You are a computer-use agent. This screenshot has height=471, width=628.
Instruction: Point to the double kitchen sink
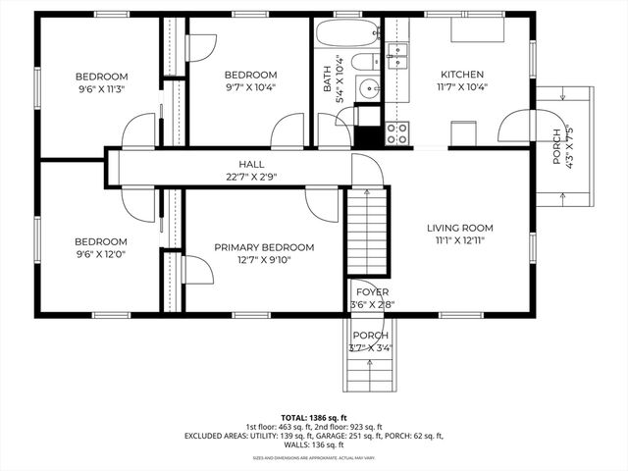click(x=396, y=53)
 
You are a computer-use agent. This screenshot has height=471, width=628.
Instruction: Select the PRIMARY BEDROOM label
click(x=264, y=247)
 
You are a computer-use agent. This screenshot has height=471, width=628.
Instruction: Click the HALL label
click(x=251, y=165)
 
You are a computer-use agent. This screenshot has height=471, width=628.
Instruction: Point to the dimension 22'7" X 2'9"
click(x=251, y=178)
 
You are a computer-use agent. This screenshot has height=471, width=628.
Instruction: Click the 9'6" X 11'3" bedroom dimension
click(x=102, y=89)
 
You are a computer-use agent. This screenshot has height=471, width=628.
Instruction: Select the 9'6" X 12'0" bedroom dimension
click(x=102, y=254)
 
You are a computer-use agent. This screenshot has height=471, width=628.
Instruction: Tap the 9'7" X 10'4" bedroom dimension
click(x=250, y=87)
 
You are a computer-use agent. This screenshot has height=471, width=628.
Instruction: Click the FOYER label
click(x=372, y=292)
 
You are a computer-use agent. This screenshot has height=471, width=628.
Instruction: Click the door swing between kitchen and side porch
click(x=514, y=126)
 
